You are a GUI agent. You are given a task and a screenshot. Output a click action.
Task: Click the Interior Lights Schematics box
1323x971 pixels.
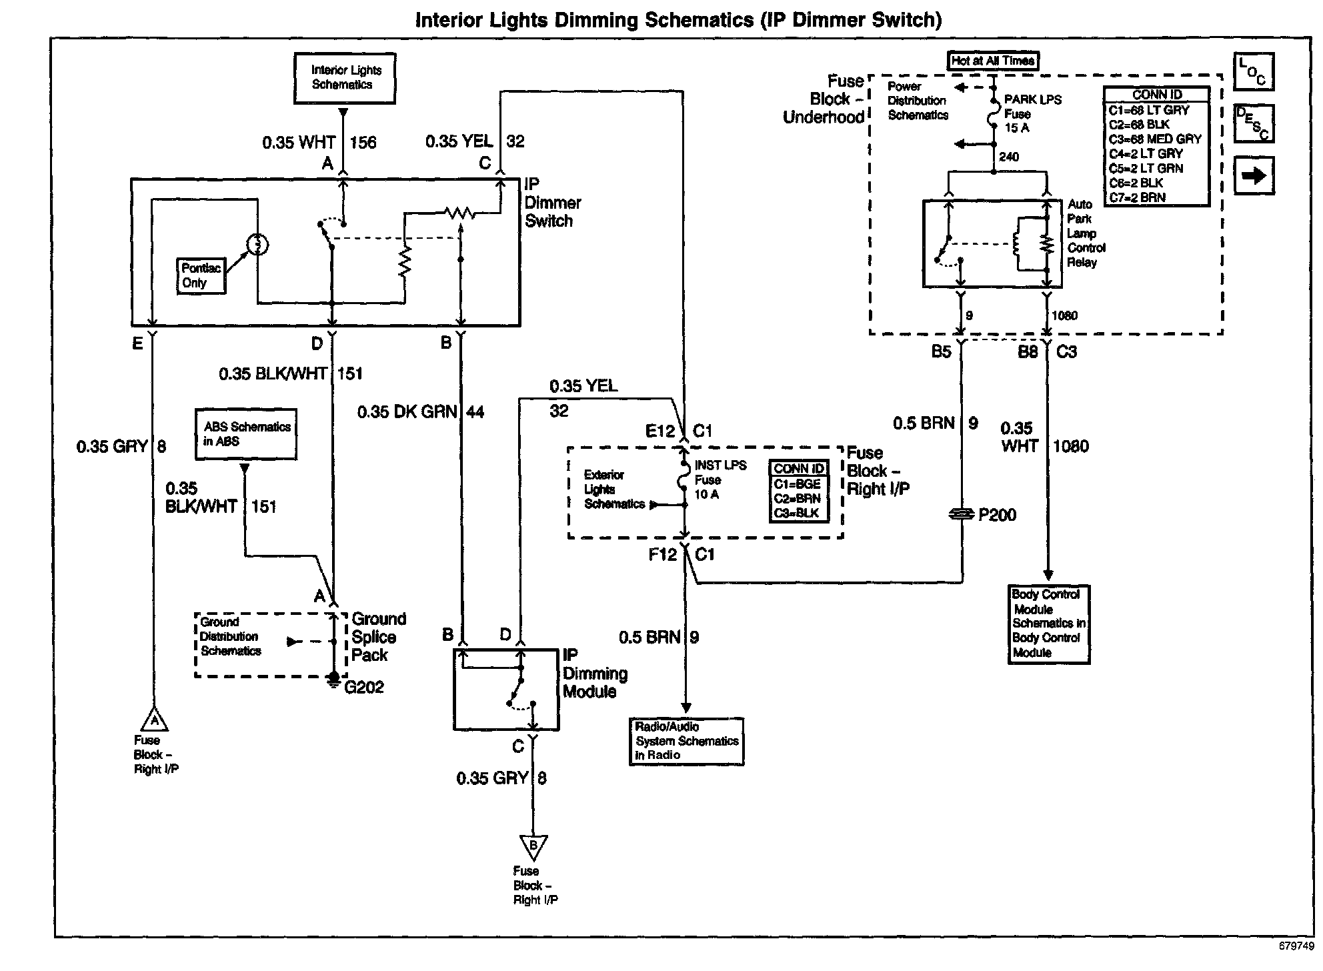tap(345, 78)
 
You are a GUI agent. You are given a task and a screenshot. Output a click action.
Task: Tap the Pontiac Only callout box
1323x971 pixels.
tap(201, 275)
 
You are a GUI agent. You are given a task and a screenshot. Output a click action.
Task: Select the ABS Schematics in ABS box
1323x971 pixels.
tap(246, 434)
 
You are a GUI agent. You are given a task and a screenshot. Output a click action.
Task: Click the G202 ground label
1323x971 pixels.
tap(364, 687)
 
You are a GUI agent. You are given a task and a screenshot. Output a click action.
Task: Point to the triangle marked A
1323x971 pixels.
tap(155, 720)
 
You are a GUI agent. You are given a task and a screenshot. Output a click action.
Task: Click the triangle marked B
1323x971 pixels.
tap(533, 847)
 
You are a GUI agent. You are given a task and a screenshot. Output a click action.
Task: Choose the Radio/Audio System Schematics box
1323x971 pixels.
tap(686, 741)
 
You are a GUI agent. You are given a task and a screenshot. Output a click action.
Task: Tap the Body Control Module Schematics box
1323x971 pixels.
tap(1048, 624)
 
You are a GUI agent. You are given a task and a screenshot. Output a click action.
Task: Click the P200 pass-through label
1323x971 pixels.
tap(997, 515)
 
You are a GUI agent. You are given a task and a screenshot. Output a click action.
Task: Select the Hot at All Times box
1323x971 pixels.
tap(993, 61)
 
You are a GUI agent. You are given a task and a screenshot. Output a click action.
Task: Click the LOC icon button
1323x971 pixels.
tap(1254, 71)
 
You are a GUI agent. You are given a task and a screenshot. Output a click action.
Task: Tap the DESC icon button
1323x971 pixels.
tap(1254, 123)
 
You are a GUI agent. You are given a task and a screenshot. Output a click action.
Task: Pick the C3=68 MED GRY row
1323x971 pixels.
tap(1155, 139)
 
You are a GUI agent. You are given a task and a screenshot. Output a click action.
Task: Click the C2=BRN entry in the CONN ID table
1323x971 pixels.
tap(798, 499)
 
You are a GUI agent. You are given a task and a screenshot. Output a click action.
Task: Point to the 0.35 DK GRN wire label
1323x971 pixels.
tap(407, 412)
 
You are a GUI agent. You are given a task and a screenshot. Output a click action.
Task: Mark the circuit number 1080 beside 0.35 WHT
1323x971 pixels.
tap(1070, 446)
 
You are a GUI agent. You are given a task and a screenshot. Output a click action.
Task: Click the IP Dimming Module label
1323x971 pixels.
tap(595, 673)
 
